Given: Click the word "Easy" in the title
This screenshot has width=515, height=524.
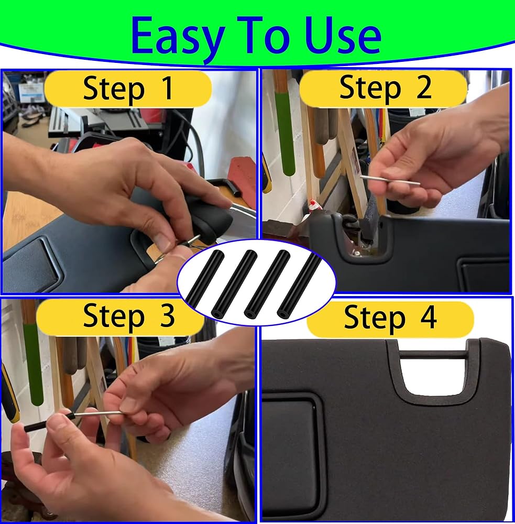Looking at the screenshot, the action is pos(177,37).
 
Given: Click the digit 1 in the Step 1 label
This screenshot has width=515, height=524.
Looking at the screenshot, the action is pos(166,88).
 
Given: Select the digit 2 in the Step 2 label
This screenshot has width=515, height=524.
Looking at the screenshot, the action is pos(424,87).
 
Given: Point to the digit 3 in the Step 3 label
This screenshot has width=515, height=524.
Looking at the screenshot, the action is pos(167,315).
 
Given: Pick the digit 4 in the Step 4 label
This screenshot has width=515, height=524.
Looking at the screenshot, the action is pos(428,316).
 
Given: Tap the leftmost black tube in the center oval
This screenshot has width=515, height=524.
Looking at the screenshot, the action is pos(204,279).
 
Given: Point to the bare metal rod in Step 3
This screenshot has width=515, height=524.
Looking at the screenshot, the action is pos(98,414).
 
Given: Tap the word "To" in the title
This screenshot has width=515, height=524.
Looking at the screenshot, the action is pos(264,35).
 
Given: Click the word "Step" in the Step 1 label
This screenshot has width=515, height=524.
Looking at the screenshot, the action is pos(114,89).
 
